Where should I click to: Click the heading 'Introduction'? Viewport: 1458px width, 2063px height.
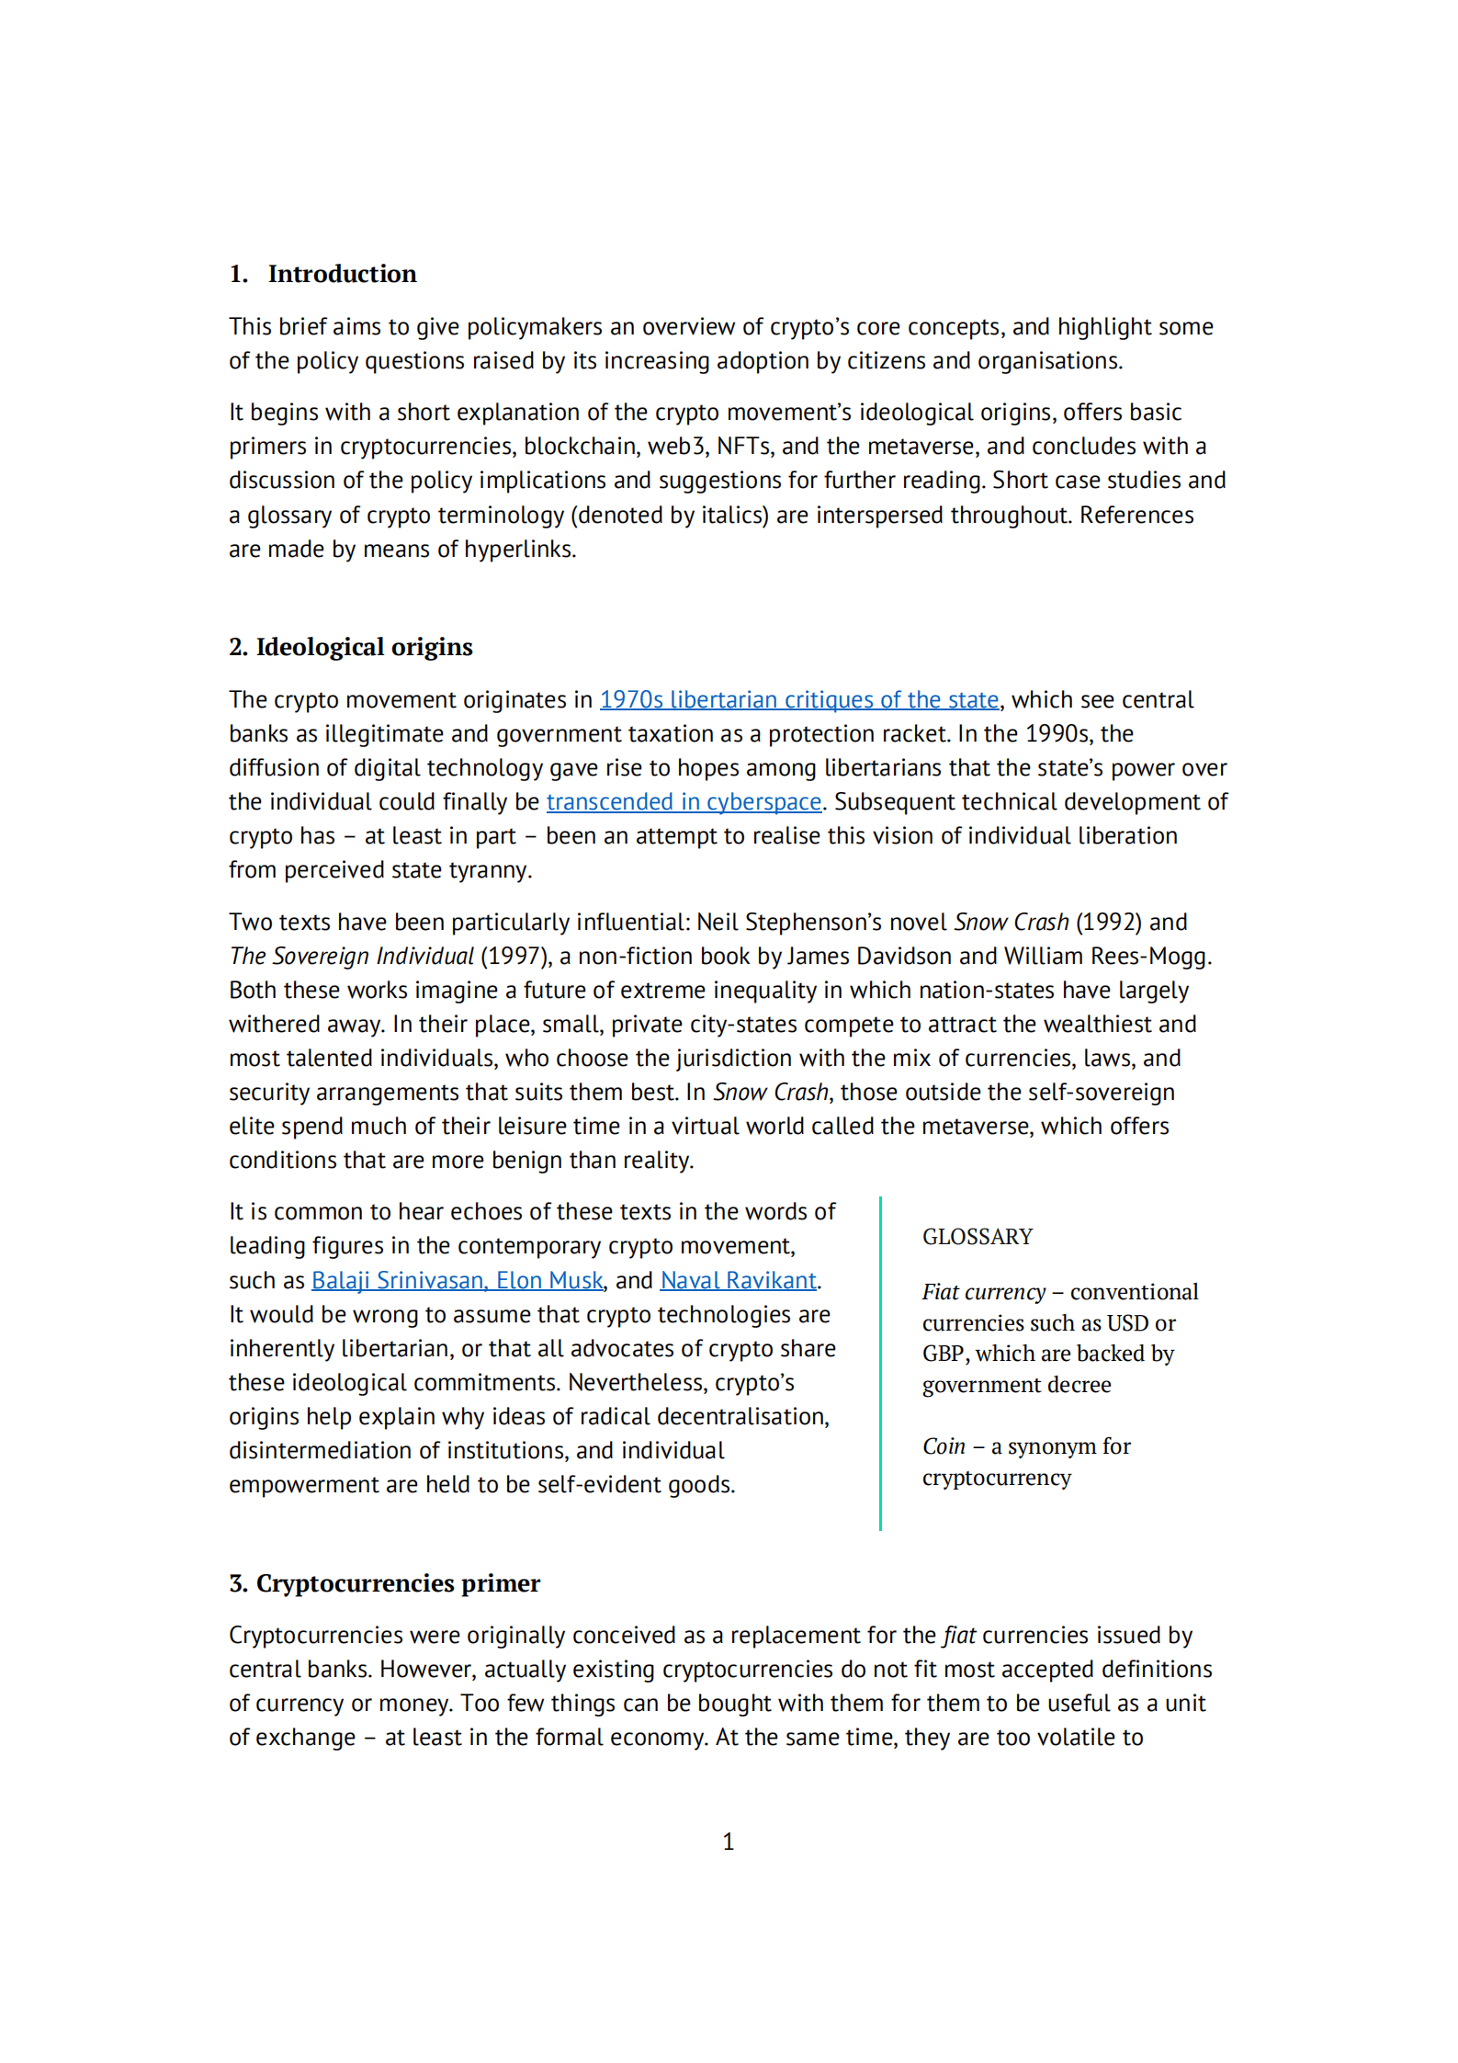pyautogui.click(x=342, y=274)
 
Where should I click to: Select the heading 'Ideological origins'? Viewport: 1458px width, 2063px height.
pyautogui.click(x=364, y=647)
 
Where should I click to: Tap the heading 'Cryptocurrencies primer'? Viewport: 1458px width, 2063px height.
pyautogui.click(x=398, y=1582)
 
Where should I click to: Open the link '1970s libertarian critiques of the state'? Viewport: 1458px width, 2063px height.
pyautogui.click(x=798, y=700)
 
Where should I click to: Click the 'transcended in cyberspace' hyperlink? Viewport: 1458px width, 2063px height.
pyautogui.click(x=684, y=802)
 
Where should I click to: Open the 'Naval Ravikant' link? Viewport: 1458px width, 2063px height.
pyautogui.click(x=738, y=1281)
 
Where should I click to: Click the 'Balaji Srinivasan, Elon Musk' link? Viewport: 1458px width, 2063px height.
pyautogui.click(x=457, y=1281)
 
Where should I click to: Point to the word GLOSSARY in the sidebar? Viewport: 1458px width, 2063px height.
pyautogui.click(x=977, y=1237)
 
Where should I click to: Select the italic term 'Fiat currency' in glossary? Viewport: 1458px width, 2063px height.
pyautogui.click(x=983, y=1292)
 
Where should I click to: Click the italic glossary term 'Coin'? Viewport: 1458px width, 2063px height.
pyautogui.click(x=944, y=1446)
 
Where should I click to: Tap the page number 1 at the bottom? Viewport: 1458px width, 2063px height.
pyautogui.click(x=729, y=1842)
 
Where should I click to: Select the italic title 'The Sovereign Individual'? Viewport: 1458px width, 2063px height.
pyautogui.click(x=352, y=957)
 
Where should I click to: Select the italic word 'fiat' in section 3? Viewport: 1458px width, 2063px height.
pyautogui.click(x=959, y=1636)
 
